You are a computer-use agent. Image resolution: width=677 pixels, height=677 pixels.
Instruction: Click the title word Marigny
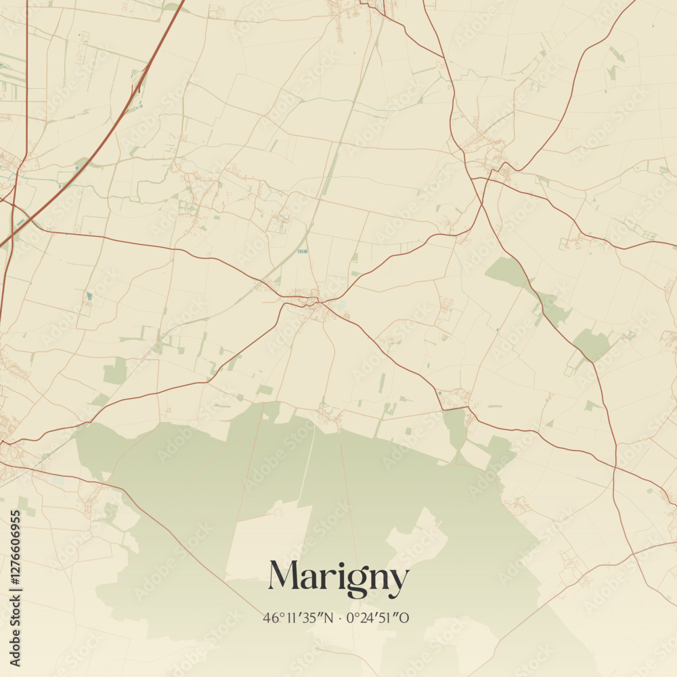point(338,577)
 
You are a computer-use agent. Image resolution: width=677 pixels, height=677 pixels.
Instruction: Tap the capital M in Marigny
point(284,575)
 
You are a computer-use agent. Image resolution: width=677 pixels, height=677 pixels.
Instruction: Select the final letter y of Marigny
point(399,581)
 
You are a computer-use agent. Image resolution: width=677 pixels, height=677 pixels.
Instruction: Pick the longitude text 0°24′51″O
point(378,618)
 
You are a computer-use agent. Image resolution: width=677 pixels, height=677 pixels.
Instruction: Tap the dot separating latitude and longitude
point(341,618)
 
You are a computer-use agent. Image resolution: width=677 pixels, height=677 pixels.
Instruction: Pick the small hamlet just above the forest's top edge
point(330,414)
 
